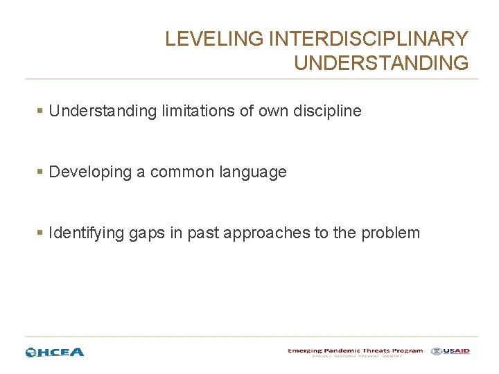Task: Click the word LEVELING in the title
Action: pyautogui.click(x=214, y=39)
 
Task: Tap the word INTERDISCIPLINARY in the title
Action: pyautogui.click(x=368, y=39)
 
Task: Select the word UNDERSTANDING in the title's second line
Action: pyautogui.click(x=381, y=63)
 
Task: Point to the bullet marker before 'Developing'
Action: pyautogui.click(x=41, y=172)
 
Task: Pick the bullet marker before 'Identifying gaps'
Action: pyautogui.click(x=41, y=233)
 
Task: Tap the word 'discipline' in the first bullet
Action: pyautogui.click(x=328, y=111)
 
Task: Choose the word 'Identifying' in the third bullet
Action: pyautogui.click(x=87, y=233)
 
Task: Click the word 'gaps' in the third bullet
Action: pyautogui.click(x=146, y=233)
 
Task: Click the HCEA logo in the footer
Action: pyautogui.click(x=55, y=352)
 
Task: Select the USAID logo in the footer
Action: pyautogui.click(x=450, y=351)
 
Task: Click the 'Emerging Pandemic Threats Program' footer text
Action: pyautogui.click(x=356, y=351)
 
